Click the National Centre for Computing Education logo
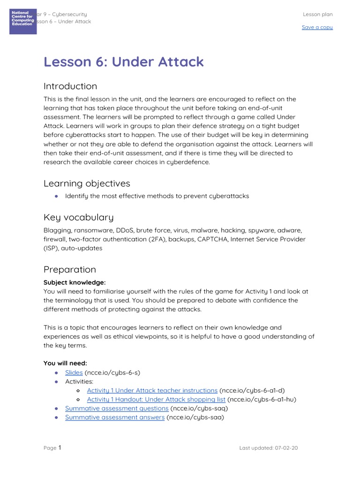click(x=23, y=21)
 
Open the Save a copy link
click(x=317, y=27)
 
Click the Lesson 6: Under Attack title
click(x=124, y=62)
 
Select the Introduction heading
click(x=70, y=86)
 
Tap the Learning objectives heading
click(x=87, y=183)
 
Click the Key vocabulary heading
click(x=78, y=217)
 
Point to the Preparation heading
click(x=69, y=270)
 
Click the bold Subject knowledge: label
click(x=75, y=282)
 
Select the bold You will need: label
click(x=65, y=363)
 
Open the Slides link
click(x=74, y=373)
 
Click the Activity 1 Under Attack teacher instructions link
click(x=152, y=390)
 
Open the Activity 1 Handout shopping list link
click(x=156, y=399)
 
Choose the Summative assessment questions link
click(x=117, y=408)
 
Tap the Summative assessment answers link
click(x=115, y=417)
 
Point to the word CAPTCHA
click(x=210, y=240)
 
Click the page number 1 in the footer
click(x=60, y=448)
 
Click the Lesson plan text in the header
click(x=317, y=15)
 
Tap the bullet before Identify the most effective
click(x=56, y=196)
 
